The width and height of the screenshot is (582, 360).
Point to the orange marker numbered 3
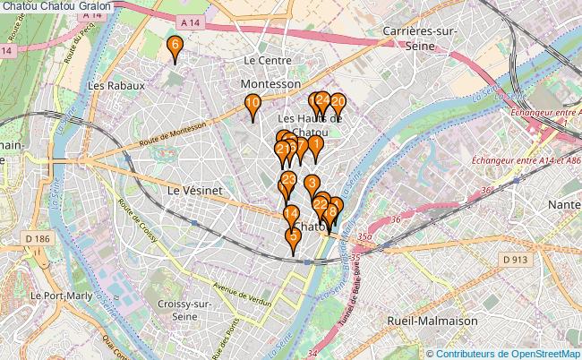[312, 185]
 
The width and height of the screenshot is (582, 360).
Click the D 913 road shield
[515, 260]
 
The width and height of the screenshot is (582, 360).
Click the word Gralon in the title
[94, 7]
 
